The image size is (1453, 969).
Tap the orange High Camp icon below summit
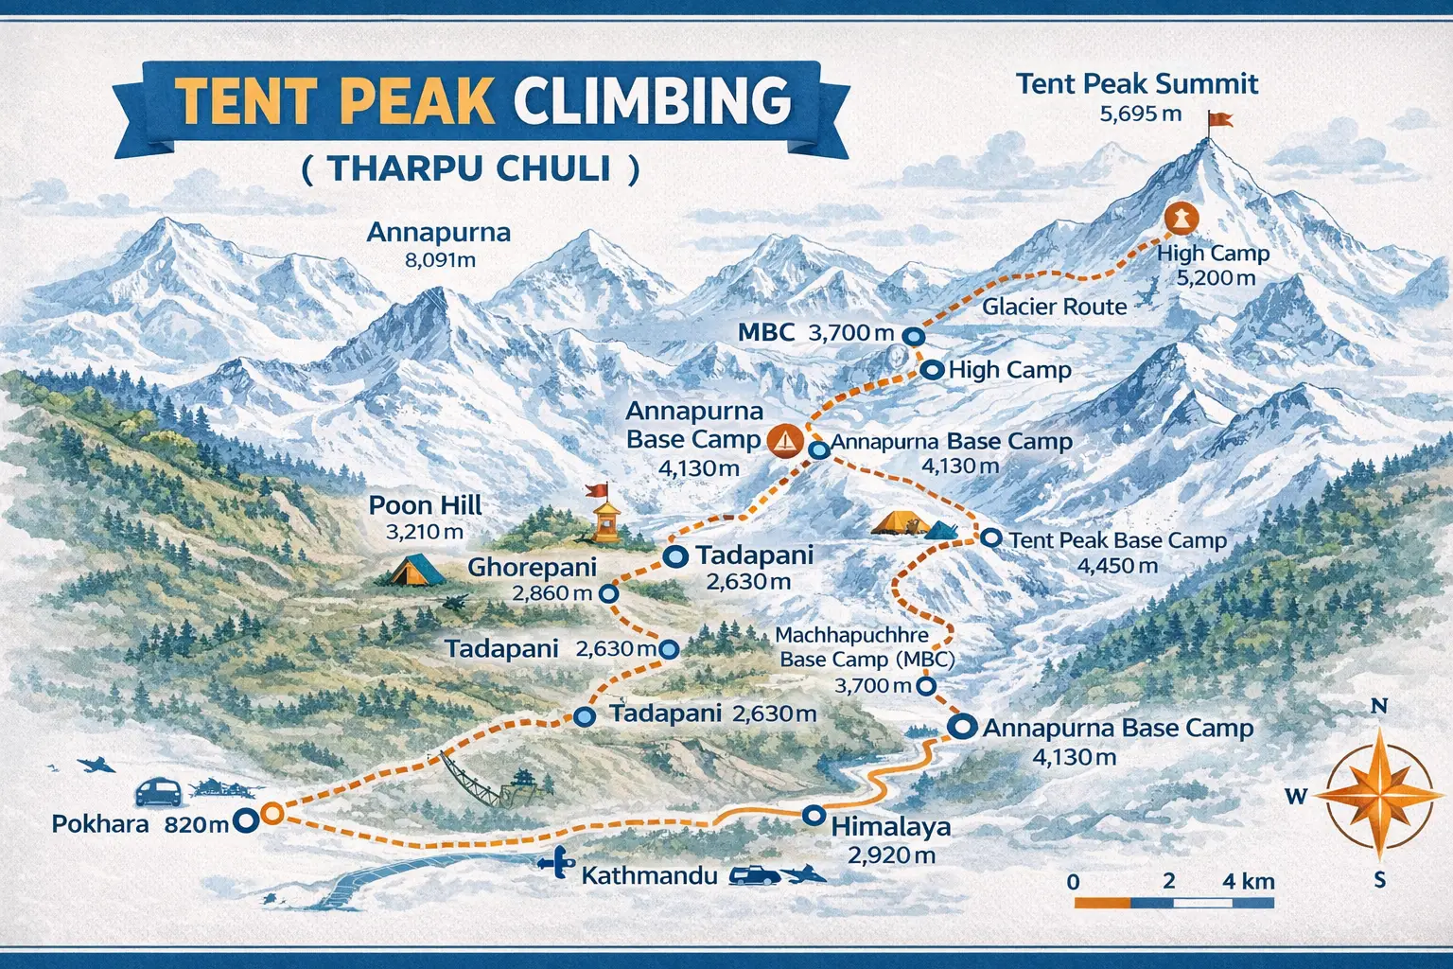coord(1181,219)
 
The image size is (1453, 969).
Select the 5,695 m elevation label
coord(1141,115)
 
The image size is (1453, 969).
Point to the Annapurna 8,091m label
coord(439,244)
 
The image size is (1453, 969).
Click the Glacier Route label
coord(1054,307)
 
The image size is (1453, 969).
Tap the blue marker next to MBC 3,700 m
coord(913,336)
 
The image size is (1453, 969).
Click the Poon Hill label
coord(425,505)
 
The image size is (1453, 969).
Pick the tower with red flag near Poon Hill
coord(604,516)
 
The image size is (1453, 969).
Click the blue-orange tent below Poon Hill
coord(416,569)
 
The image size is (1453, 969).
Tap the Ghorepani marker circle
coord(609,593)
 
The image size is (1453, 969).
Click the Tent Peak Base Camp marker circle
coord(990,537)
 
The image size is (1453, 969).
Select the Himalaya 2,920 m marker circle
coord(813,815)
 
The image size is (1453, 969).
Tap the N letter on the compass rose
coord(1379,707)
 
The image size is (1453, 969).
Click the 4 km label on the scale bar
coord(1248,881)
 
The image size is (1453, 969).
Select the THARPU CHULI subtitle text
coord(470,169)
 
